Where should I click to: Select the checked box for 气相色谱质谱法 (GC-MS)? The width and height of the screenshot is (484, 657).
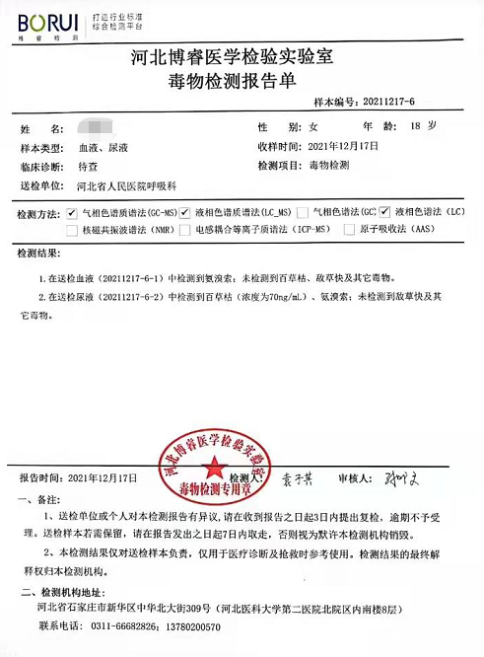pos(70,212)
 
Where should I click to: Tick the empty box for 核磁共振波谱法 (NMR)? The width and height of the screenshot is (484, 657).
pos(70,230)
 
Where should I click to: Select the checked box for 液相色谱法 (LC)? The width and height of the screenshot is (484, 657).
pos(385,212)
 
